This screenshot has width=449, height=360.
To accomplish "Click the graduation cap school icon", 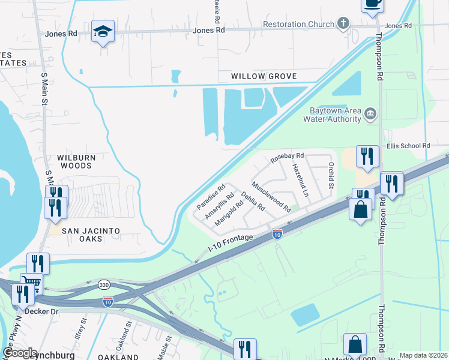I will (103, 31).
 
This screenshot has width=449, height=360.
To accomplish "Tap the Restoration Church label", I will (298, 25).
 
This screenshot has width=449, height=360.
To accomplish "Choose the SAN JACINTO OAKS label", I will (85, 231).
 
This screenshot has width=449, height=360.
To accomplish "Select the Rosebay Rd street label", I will (288, 158).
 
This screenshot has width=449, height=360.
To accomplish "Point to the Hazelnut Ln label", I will (300, 180).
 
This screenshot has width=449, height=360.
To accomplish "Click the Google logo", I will (20, 353).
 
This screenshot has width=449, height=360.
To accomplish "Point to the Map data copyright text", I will (423, 355).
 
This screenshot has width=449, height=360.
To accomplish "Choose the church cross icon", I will (343, 24).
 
